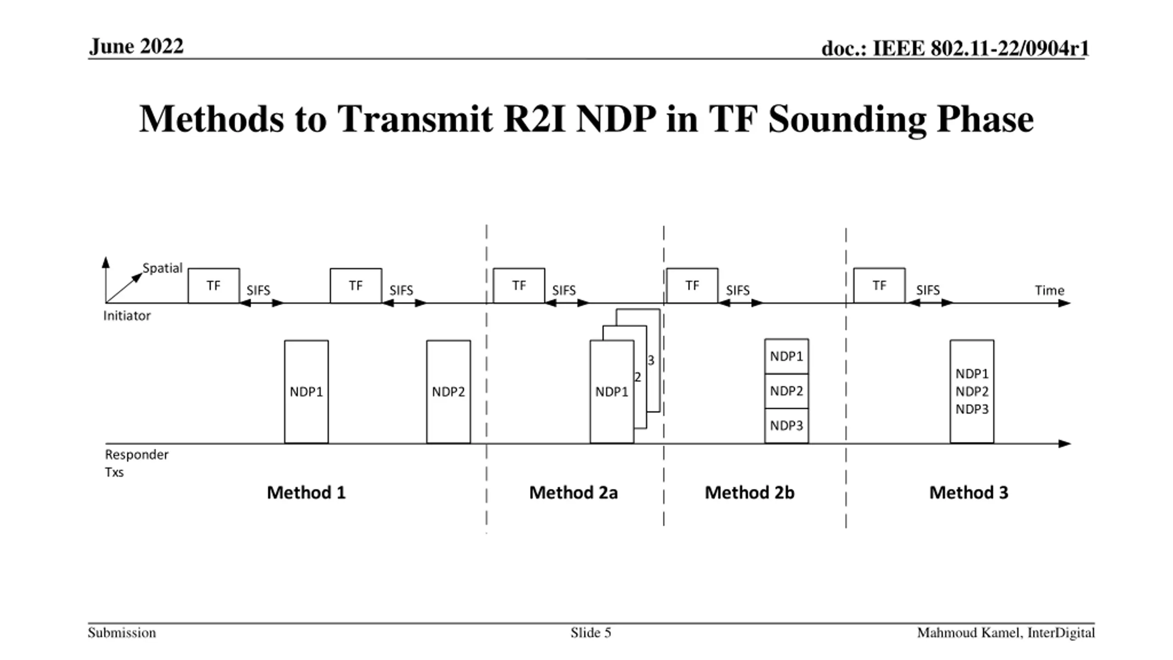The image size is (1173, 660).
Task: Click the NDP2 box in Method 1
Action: click(x=448, y=391)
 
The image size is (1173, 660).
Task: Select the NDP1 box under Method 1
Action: click(x=306, y=391)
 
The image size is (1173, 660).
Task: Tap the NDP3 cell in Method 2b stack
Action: click(x=786, y=425)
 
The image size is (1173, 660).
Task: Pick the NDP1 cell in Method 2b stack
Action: click(x=786, y=356)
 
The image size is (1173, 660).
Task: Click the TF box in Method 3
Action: click(x=879, y=286)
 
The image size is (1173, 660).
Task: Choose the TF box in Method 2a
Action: click(x=519, y=286)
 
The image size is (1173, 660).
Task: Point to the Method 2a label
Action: click(x=573, y=493)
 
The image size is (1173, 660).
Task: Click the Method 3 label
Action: click(x=969, y=493)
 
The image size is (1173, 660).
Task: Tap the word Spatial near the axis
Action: click(x=162, y=268)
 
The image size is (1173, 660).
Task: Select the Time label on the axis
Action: click(x=1049, y=291)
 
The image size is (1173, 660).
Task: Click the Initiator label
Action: click(x=127, y=316)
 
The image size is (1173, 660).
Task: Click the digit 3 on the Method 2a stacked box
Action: click(x=651, y=361)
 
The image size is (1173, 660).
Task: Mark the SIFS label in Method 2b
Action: click(x=738, y=291)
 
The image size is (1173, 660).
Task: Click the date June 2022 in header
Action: click(x=137, y=46)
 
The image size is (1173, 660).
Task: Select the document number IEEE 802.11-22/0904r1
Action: click(x=955, y=48)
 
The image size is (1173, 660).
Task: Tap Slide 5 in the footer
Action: click(x=591, y=633)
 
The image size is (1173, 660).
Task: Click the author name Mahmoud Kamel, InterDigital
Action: click(x=1006, y=633)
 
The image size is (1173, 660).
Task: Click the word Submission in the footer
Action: click(x=122, y=633)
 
